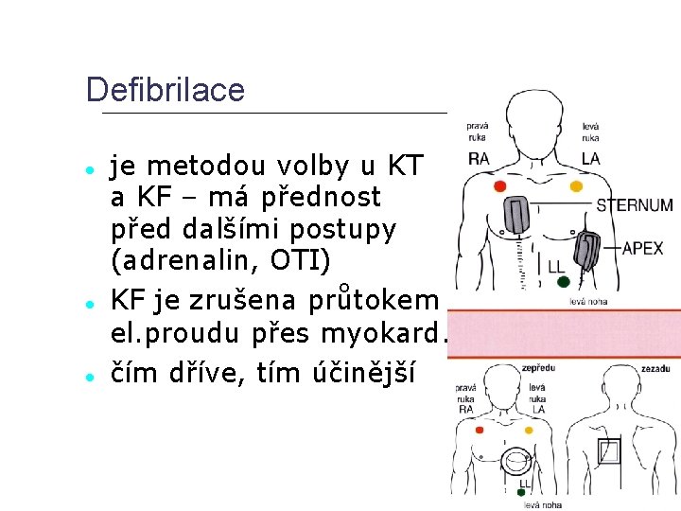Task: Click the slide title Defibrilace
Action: [x=165, y=90]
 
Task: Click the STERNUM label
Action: [x=635, y=204]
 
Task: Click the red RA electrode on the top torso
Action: [x=499, y=186]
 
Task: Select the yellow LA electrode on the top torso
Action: [x=576, y=186]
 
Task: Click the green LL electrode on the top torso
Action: [x=564, y=281]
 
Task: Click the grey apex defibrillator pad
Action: [x=586, y=252]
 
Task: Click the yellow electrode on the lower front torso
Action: [x=529, y=430]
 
